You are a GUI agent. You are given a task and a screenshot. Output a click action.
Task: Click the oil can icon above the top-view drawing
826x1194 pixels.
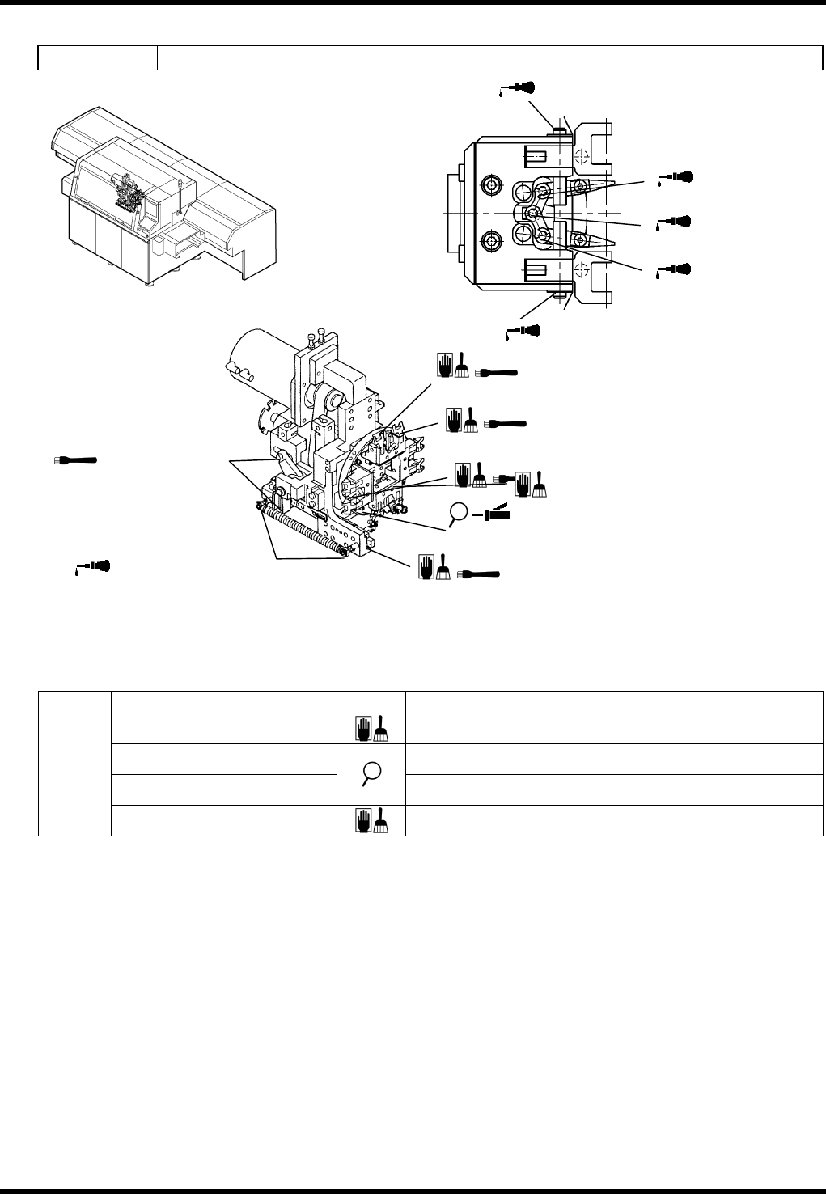tap(518, 88)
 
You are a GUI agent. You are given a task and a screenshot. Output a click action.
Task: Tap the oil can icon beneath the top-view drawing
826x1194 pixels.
tap(524, 330)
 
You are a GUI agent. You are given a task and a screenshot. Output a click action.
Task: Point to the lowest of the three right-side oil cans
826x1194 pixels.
tap(676, 268)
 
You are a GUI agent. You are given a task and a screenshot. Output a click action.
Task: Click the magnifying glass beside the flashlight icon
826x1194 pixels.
tap(459, 513)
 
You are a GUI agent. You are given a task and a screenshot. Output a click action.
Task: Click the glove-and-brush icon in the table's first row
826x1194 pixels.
tap(372, 729)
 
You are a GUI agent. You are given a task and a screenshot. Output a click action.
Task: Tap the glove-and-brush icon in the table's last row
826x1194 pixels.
tap(372, 820)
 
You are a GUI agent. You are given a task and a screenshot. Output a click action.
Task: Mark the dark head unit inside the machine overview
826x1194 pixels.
tap(129, 195)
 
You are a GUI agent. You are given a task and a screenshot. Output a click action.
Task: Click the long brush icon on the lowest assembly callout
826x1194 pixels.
tap(479, 574)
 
